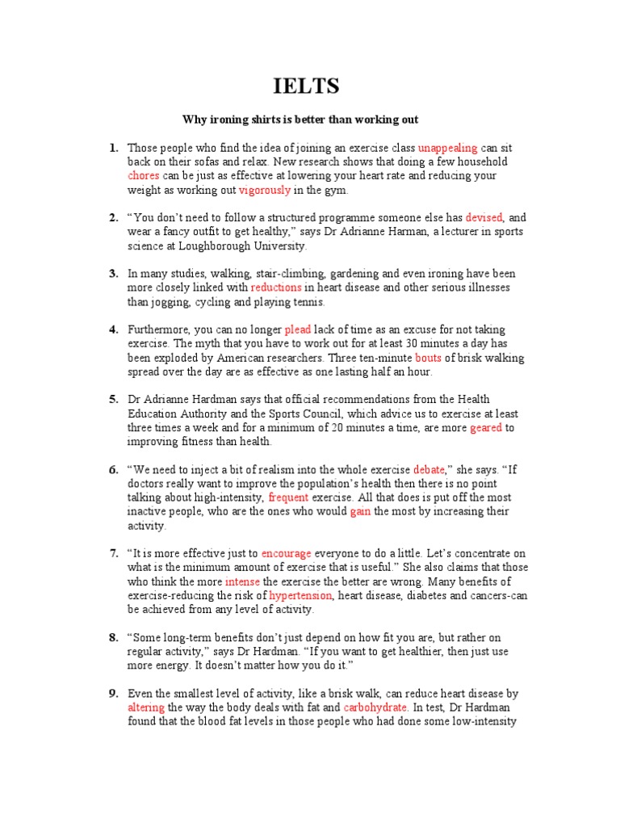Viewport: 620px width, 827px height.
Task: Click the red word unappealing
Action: click(x=448, y=148)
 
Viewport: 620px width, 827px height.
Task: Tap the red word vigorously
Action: click(x=265, y=190)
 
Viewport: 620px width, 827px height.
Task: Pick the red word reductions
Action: click(x=276, y=288)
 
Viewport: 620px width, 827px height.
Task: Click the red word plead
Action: click(x=298, y=330)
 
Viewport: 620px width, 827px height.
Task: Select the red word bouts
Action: click(x=429, y=358)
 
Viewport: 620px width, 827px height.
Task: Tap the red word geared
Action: click(x=486, y=427)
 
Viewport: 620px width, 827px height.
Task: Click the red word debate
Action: click(x=429, y=469)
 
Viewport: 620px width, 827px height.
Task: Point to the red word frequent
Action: click(x=289, y=497)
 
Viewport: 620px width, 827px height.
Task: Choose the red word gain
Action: click(x=360, y=511)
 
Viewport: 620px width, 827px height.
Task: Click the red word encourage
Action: click(x=286, y=553)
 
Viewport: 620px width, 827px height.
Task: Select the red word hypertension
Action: click(x=300, y=595)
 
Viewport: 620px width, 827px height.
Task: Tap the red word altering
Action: click(x=146, y=707)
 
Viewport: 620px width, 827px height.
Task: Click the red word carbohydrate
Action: click(x=374, y=707)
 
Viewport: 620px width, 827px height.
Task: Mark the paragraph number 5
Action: click(x=114, y=400)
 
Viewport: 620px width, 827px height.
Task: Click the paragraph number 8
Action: click(x=114, y=637)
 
